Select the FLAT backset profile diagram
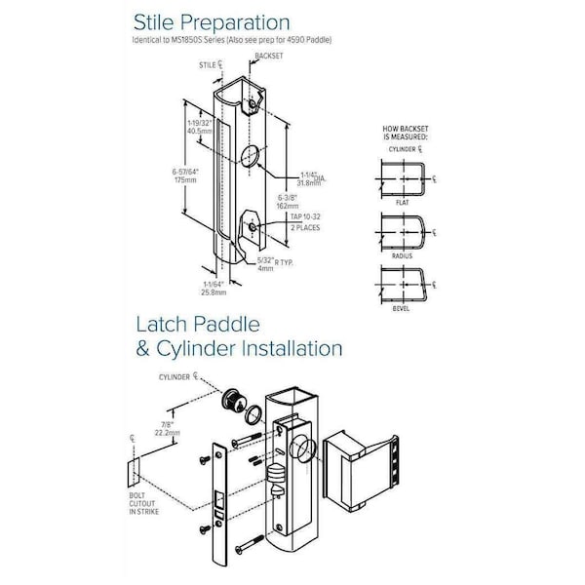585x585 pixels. (x=402, y=179)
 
